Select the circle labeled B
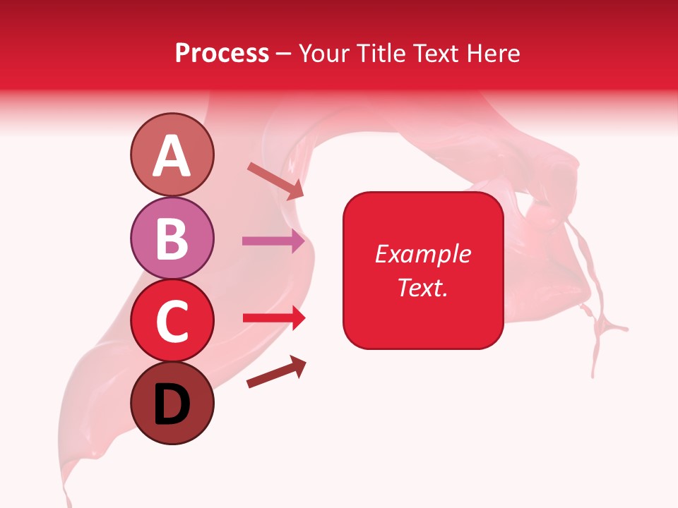click(x=172, y=238)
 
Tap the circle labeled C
click(x=172, y=321)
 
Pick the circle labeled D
click(x=172, y=404)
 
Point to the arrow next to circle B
click(x=273, y=241)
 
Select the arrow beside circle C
click(x=273, y=318)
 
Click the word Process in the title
click(x=222, y=54)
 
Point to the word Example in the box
click(x=422, y=254)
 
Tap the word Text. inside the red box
click(x=422, y=287)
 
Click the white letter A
click(x=172, y=157)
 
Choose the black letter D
click(x=172, y=405)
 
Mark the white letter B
click(x=172, y=239)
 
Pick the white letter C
click(x=172, y=322)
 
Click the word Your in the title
click(x=323, y=54)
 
